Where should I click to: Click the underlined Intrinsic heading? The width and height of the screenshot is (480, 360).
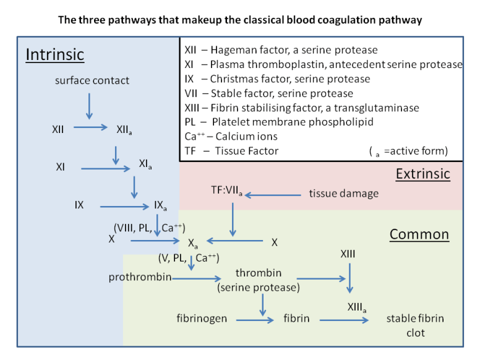[x=54, y=55]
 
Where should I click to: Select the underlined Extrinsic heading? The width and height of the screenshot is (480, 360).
[x=422, y=174]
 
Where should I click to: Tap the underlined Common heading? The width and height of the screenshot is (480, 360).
[x=419, y=234]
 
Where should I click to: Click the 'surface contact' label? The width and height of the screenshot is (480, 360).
[x=92, y=80]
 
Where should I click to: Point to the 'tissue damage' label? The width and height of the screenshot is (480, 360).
[x=343, y=194]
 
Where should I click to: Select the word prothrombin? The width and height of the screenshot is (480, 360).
[x=140, y=277]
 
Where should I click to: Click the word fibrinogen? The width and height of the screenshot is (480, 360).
[x=202, y=319]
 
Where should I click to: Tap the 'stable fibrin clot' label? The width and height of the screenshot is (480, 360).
[x=415, y=325]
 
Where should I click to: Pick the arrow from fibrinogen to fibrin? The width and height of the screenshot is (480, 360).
[x=256, y=320]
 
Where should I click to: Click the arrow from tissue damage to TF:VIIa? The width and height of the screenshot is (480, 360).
[x=275, y=195]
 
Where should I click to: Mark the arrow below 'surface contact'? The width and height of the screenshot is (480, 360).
[x=89, y=106]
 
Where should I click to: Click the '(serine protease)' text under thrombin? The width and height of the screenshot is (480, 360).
[x=258, y=287]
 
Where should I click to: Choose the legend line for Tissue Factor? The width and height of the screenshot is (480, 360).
[x=231, y=150]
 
